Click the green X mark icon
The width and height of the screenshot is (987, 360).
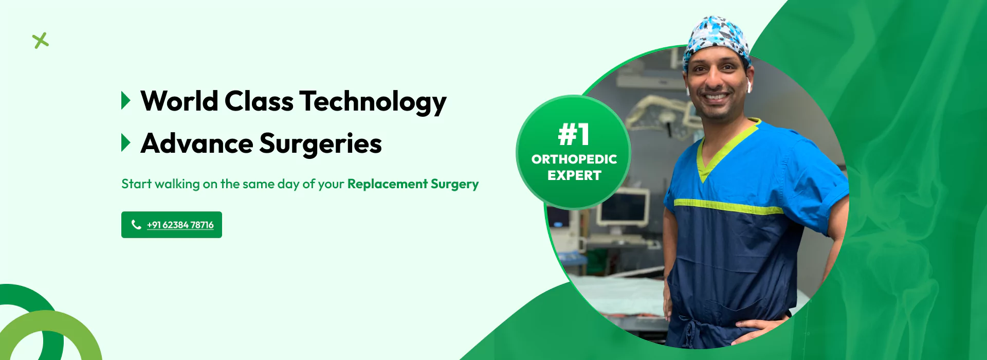point(40,41)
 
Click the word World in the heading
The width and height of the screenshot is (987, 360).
point(179,101)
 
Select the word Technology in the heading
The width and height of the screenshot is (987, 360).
point(373,102)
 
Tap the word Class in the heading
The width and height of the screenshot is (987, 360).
point(259,101)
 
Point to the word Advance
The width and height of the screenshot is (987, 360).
point(196,143)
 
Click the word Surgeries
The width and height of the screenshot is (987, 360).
point(320,144)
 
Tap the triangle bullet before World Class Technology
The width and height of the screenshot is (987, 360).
point(125,100)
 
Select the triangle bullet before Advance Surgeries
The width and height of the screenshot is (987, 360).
point(125,142)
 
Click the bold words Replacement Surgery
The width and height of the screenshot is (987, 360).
point(413,184)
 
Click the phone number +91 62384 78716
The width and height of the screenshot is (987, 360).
point(180,225)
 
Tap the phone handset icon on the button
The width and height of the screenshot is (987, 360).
point(136,224)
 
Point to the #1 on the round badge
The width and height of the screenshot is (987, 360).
point(574,135)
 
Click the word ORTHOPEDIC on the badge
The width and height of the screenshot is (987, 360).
point(574,159)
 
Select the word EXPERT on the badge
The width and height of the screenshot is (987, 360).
point(574,175)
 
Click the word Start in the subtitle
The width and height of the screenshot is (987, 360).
point(136,184)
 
